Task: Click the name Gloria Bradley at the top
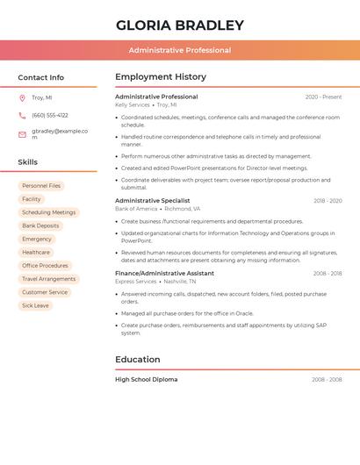(x=180, y=25)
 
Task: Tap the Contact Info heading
(x=40, y=77)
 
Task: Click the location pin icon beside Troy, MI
(x=22, y=97)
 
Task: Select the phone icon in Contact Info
(x=22, y=115)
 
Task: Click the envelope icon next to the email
(x=22, y=134)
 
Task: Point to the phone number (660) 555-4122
(x=50, y=115)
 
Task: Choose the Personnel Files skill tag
(x=41, y=186)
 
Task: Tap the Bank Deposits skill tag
(x=40, y=225)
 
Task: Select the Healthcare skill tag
(x=36, y=252)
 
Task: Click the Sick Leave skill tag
(x=35, y=305)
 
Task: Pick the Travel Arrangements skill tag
(x=48, y=279)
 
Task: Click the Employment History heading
(x=161, y=76)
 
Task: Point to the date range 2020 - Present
(x=323, y=97)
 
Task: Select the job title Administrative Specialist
(x=152, y=200)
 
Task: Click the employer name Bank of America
(x=136, y=209)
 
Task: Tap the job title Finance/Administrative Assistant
(x=164, y=273)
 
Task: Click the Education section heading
(x=138, y=359)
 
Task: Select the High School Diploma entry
(x=146, y=379)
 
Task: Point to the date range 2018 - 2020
(x=328, y=201)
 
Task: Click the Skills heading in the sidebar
(x=27, y=162)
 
